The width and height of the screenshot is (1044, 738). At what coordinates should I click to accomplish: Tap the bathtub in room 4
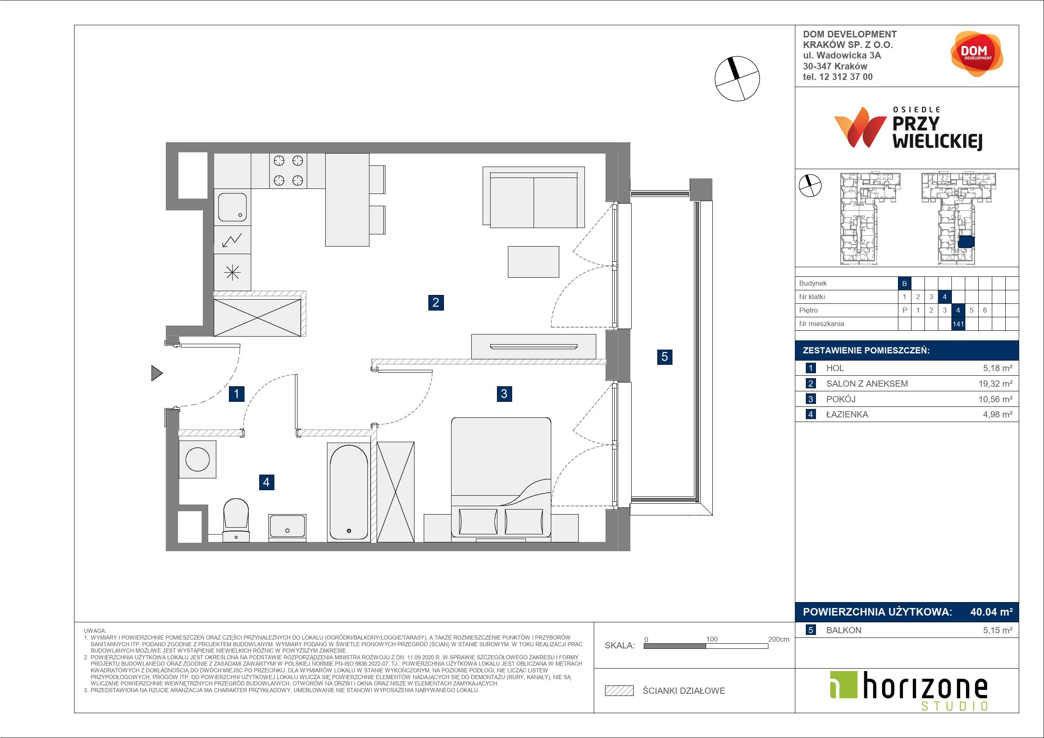pos(348,492)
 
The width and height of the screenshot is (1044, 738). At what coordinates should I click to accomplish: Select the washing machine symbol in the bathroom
pos(197,459)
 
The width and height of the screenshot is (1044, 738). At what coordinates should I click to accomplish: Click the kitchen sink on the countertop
pos(232,207)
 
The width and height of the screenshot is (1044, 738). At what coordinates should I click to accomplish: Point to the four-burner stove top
pos(288,170)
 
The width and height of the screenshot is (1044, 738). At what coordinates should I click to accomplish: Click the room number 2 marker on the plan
pos(436,303)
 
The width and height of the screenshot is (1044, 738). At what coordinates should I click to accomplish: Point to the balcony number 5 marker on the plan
pos(664,357)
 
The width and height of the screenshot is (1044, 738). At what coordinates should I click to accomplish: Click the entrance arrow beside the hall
pos(157,373)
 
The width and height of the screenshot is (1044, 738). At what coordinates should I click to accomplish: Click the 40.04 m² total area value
pos(991,612)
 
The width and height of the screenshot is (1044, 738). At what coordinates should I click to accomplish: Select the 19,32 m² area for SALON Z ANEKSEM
pos(995,383)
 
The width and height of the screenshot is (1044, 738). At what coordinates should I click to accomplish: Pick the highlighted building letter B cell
pos(904,283)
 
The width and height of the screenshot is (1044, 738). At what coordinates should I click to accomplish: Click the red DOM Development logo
pos(977,54)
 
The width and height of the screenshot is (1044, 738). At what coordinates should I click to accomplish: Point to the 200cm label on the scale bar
pos(778,639)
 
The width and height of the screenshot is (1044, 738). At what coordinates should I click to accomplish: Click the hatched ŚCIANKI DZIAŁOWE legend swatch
pos(619,691)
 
